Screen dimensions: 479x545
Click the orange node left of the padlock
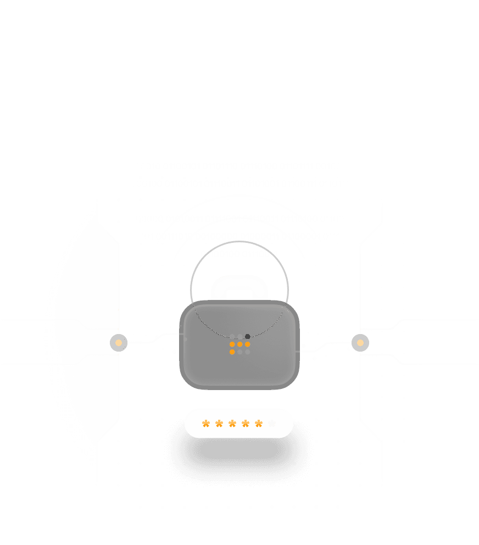(x=119, y=343)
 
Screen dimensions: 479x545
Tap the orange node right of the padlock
(x=360, y=343)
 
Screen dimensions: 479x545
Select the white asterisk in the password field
(x=272, y=423)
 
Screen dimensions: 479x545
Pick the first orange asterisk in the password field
(x=206, y=423)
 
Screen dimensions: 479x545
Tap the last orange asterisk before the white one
(x=259, y=423)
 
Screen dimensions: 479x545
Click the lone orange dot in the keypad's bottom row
(x=232, y=352)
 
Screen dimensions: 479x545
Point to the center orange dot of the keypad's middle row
(x=240, y=344)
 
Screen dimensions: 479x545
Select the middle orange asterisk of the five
(x=232, y=423)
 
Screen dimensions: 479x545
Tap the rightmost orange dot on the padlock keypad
(x=248, y=344)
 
